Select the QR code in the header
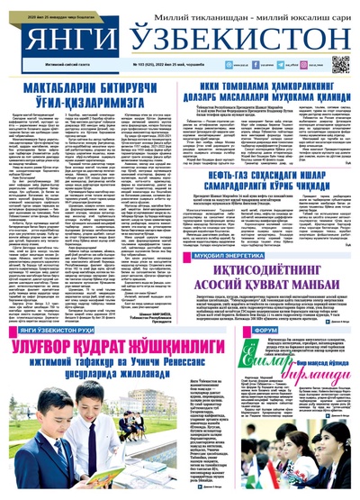coord(341,63)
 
